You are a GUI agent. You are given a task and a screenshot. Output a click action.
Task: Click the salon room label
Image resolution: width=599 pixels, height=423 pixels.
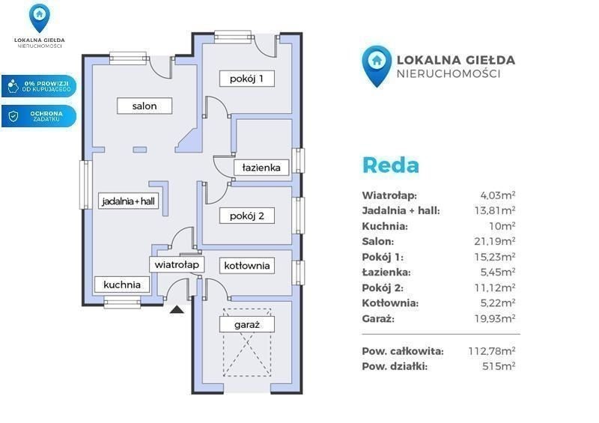145,106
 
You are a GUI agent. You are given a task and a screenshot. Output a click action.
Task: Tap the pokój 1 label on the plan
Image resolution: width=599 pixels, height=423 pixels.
247,79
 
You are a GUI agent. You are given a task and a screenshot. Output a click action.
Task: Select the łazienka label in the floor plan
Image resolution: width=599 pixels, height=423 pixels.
261,168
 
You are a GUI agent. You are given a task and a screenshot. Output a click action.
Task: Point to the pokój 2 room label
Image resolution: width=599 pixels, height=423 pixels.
247,216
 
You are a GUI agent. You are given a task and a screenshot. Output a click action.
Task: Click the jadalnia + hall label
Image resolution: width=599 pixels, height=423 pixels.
128,201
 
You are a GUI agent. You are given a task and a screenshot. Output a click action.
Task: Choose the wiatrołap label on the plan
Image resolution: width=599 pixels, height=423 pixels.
177,264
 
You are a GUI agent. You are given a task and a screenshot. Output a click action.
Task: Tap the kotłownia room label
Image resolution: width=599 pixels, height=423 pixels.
247,266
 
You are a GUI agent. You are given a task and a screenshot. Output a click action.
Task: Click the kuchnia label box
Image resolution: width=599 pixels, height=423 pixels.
122,284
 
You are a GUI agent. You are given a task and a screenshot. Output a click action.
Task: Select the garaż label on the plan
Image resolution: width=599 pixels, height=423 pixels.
247,325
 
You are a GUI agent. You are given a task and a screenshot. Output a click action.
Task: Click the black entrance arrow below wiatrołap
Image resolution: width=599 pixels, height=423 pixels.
177,309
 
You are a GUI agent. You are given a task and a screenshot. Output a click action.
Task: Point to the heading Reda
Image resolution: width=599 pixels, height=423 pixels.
390,165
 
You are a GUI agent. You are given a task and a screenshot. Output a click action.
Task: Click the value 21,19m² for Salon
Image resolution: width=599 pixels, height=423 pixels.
495,241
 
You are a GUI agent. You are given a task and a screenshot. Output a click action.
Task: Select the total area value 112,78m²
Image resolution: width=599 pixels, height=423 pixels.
492,351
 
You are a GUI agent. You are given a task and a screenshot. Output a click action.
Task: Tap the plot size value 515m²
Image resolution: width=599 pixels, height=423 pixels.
499,366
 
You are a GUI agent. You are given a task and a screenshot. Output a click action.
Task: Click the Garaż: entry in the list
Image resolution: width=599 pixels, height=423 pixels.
378,319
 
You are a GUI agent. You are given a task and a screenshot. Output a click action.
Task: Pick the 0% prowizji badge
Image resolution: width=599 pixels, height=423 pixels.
39,86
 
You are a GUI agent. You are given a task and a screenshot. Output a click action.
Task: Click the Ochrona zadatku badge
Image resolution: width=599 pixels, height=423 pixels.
39,116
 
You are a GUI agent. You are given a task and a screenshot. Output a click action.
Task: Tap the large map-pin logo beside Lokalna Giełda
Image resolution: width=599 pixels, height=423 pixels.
377,66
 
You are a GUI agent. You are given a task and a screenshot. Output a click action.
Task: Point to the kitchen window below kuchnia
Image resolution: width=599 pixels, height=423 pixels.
122,304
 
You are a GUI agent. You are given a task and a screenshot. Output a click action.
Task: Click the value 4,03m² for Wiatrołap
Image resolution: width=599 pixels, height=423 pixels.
498,195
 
